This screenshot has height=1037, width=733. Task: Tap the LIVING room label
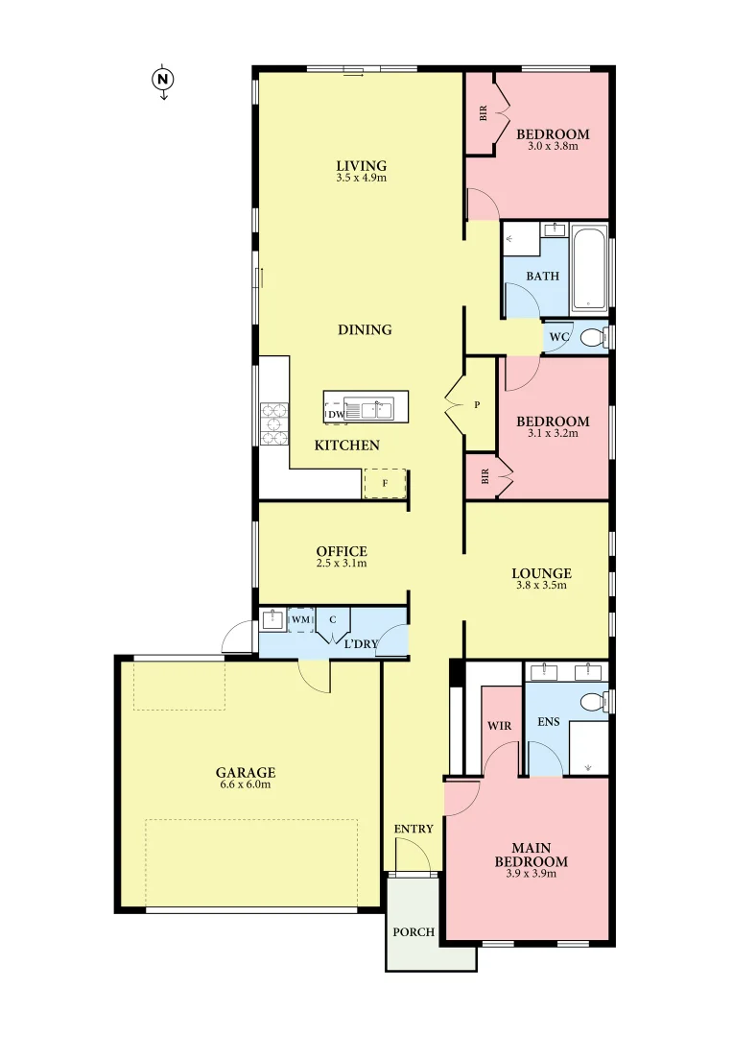point(361,165)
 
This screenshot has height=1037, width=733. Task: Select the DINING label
point(365,329)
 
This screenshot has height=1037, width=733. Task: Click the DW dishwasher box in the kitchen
point(335,413)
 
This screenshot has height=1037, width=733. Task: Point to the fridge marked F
point(385,483)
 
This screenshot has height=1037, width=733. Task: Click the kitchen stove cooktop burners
point(274,423)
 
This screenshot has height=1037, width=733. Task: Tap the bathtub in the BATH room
point(589,271)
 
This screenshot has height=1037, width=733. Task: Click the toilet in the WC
point(594,338)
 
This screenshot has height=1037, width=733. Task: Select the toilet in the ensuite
point(595,700)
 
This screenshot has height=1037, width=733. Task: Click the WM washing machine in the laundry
point(301,620)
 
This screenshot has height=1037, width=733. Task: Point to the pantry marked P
point(477,405)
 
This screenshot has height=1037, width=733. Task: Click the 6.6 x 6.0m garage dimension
point(245,784)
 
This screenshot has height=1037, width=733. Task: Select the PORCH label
point(414,932)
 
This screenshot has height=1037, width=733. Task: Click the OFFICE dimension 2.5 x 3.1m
point(342,564)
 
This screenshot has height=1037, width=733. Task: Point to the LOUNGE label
point(542,573)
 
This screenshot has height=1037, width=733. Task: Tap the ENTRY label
point(414,829)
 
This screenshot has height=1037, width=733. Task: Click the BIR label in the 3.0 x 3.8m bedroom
point(484,114)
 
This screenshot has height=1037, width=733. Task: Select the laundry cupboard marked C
point(333,619)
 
